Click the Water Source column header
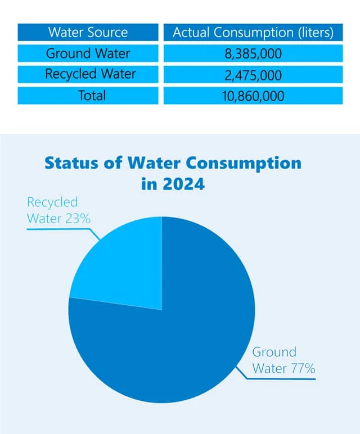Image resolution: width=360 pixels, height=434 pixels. point(88,33)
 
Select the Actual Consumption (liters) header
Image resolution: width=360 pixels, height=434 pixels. point(253,33)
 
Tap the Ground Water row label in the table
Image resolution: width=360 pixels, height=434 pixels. point(88,54)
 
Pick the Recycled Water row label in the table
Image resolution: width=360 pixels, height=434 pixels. point(88,74)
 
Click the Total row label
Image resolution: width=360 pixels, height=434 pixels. point(88,95)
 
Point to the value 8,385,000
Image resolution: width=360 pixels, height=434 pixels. point(253,54)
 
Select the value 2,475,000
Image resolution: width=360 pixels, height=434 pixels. point(253,74)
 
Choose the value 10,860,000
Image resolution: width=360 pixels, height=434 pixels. point(253,95)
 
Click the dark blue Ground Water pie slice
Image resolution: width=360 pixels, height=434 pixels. point(180,337)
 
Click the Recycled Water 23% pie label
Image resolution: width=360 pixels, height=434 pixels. point(58,210)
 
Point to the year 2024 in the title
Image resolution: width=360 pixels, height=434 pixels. point(182,184)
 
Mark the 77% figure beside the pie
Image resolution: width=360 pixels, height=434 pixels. point(302,369)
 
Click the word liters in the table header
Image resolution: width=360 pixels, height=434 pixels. point(314,33)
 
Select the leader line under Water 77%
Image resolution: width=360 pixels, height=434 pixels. point(281,378)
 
